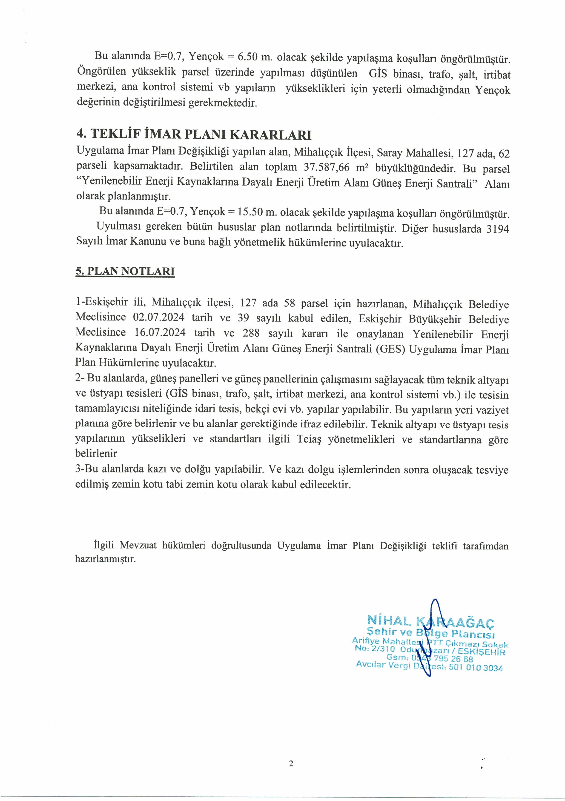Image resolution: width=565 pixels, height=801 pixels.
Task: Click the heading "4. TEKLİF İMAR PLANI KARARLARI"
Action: coord(194,134)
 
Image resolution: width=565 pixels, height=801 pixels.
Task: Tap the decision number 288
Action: coord(251,333)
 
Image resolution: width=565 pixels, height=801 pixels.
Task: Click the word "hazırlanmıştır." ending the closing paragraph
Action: coord(105,559)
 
